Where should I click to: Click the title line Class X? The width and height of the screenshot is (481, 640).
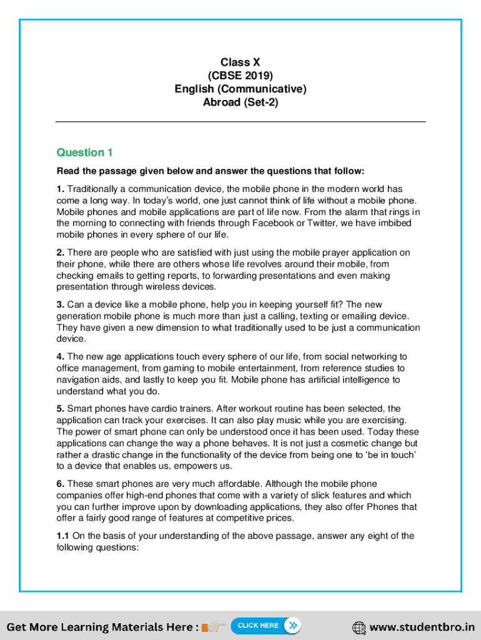240,62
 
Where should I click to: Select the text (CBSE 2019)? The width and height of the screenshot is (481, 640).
240,76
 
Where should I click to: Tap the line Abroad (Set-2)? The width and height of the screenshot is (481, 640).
240,102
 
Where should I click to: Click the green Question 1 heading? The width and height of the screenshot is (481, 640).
84,152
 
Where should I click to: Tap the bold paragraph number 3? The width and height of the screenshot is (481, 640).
60,304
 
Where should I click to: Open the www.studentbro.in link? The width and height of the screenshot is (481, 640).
422,627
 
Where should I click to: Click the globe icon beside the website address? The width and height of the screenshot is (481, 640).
359,627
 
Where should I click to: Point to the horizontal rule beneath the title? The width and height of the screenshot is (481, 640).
240,121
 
